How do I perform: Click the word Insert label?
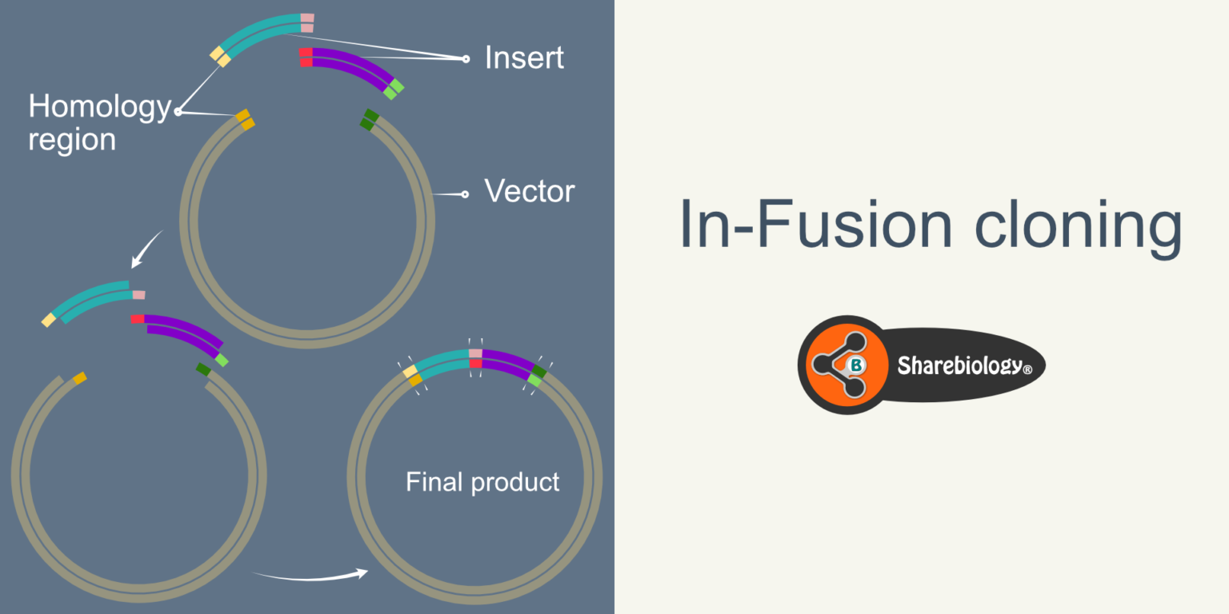point(524,58)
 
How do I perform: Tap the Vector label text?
point(529,192)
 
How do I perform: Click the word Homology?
point(99,106)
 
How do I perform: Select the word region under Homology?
point(72,140)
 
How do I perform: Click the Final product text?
point(482,482)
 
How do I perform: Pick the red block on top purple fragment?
point(306,58)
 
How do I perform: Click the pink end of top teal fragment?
point(307,22)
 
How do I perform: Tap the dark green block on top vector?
point(370,120)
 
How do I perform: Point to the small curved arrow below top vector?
point(146,250)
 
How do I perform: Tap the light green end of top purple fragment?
point(394,89)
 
